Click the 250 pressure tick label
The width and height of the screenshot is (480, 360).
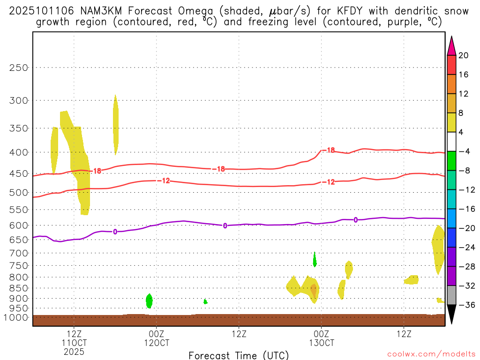pos(19,67)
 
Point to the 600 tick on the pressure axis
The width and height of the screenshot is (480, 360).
pos(19,225)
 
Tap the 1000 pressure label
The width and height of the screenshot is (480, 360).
pos(16,318)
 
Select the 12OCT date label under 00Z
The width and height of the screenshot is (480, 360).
pos(157,342)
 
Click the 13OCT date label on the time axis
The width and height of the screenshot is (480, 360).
pos(322,342)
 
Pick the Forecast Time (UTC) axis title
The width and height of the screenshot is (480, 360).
pos(239,355)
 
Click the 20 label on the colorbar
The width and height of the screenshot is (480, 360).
pos(463,55)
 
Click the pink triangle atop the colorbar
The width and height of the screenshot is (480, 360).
pos(451,45)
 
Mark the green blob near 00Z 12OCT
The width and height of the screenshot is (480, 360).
pos(150,300)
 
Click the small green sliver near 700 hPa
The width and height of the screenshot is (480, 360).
pos(315,259)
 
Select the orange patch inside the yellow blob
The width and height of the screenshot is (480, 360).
pos(313,290)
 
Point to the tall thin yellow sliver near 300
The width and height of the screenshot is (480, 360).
pos(115,124)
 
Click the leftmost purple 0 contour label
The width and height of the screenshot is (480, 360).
pos(115,232)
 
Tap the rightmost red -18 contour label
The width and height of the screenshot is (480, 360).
pos(330,150)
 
